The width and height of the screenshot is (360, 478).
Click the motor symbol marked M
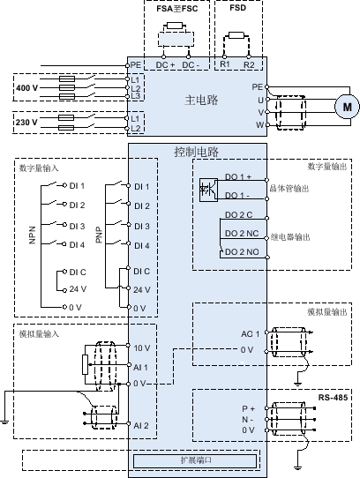coord(347,107)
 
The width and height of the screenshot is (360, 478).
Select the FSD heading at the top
coord(238,8)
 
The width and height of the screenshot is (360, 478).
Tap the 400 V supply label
coord(26,88)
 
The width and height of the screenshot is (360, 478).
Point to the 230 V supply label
coord(26,123)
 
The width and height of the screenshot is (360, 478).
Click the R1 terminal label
coord(225,64)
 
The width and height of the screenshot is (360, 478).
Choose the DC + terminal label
coord(165,65)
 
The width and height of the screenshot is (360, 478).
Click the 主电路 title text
coord(201,100)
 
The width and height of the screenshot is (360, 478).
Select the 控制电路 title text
coord(197,152)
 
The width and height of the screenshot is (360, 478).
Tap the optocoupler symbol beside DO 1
coord(208,190)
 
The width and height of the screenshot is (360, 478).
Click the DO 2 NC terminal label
coord(242,234)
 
